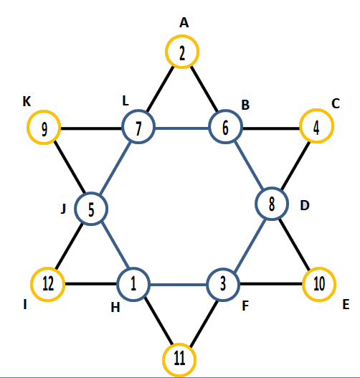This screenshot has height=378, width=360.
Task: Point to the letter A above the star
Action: click(184, 23)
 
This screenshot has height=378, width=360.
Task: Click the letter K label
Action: click(27, 101)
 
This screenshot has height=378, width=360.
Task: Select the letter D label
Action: click(305, 206)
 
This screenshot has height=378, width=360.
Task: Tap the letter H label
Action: click(115, 308)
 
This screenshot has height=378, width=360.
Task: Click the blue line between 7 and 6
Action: click(182, 128)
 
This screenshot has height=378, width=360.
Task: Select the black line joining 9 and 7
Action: click(91, 128)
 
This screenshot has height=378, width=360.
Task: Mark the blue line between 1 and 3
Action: click(179, 285)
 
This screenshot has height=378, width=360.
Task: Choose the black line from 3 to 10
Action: click(271, 284)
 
